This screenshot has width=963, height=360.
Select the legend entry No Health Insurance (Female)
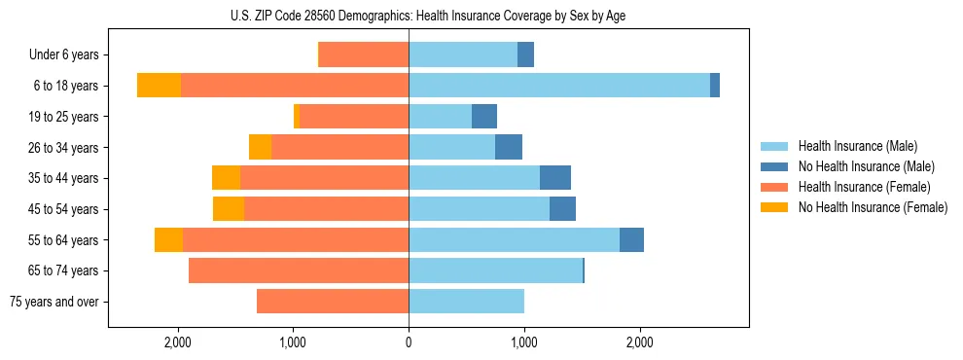[873, 207]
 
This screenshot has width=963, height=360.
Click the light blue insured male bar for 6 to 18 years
[559, 86]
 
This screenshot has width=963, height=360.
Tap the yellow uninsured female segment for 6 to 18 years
[159, 86]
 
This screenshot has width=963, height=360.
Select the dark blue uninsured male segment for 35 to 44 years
[555, 178]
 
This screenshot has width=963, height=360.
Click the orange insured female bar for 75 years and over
[333, 302]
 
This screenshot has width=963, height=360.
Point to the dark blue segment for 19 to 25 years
[484, 117]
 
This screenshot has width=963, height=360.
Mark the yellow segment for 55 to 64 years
[168, 240]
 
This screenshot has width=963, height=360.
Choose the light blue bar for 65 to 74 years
[495, 270]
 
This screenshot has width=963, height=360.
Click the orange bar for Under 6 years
[364, 55]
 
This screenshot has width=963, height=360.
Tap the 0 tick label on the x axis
[409, 342]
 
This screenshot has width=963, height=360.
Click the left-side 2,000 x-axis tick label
[178, 342]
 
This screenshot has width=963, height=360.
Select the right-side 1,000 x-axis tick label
[524, 342]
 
